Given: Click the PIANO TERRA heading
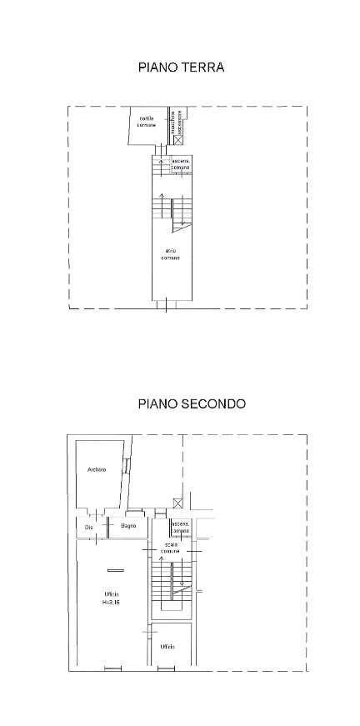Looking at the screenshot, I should click(x=181, y=68).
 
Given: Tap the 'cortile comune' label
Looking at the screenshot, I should click(x=147, y=121).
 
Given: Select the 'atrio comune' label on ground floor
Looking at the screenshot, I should click(x=171, y=253).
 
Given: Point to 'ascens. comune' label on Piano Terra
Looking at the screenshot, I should click(x=181, y=164).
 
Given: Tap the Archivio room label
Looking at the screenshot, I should click(x=96, y=471).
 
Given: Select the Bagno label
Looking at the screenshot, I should click(x=127, y=526).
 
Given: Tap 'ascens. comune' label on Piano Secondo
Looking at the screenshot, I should click(x=181, y=527).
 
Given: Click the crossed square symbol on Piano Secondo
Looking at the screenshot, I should click(x=177, y=502).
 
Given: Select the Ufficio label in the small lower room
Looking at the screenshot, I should click(x=168, y=646).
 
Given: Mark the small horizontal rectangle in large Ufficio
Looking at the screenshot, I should click(x=115, y=570).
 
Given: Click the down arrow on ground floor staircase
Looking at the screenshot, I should click(x=181, y=218).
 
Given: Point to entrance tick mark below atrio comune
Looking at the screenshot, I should click(x=166, y=306).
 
